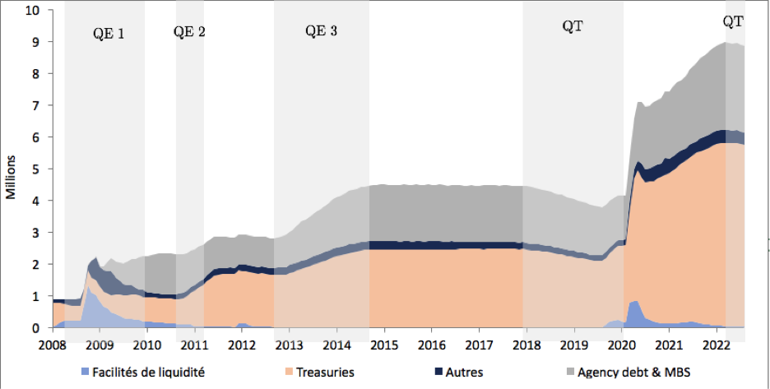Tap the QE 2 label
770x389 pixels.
click(189, 32)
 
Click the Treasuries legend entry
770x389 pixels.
click(321, 372)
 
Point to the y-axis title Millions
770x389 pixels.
click(12, 178)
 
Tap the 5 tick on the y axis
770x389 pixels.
click(37, 169)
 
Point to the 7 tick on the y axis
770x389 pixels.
click(37, 106)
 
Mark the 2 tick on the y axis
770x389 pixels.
click(37, 265)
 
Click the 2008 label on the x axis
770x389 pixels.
click(53, 343)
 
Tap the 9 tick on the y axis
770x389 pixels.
click(37, 42)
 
